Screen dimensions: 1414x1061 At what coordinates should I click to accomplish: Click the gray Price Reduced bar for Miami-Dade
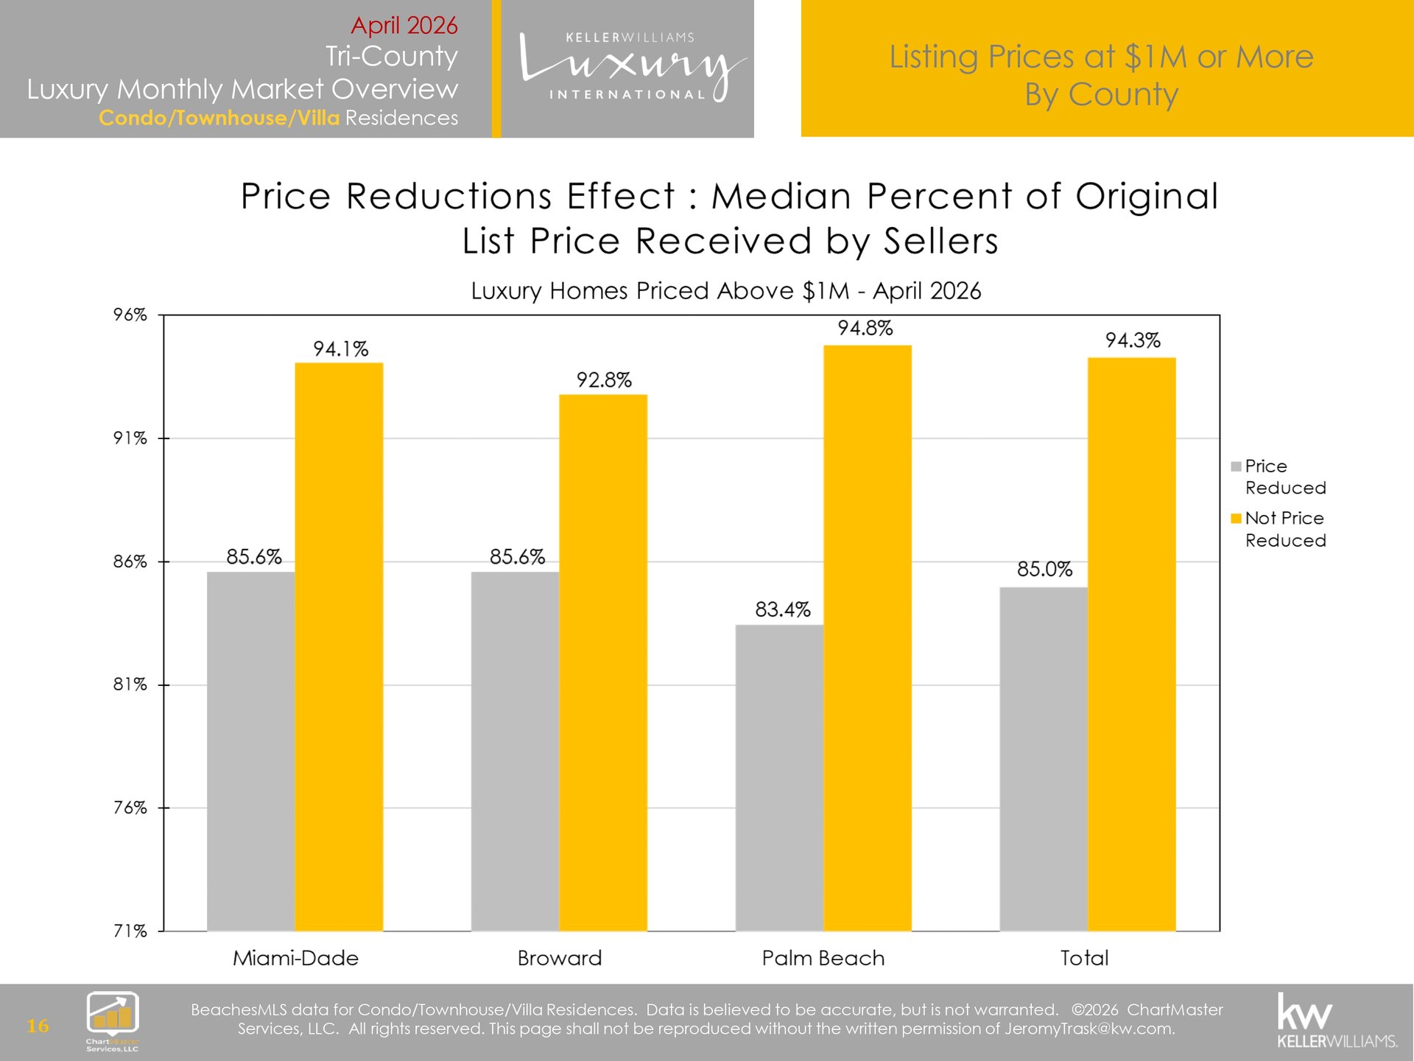251,752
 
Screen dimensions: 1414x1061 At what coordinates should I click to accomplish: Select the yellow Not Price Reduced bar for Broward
603,663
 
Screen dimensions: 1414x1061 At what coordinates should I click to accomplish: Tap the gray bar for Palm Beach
779,778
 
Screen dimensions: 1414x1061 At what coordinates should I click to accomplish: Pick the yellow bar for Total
1131,645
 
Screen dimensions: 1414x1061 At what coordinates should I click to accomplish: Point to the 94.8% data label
865,328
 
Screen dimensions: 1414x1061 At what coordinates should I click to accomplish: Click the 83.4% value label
783,609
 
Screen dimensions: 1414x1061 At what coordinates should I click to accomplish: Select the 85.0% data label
1045,569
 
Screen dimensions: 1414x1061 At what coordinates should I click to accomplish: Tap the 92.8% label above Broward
604,380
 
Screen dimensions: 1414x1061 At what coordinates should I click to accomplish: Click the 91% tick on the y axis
130,438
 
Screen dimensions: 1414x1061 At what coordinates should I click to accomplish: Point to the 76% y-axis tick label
130,808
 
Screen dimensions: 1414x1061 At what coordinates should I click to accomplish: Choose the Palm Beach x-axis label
823,958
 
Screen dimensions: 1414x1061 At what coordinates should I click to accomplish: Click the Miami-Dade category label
296,958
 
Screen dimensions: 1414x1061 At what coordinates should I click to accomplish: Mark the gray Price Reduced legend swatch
1236,466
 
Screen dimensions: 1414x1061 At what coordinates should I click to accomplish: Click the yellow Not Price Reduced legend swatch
1236,519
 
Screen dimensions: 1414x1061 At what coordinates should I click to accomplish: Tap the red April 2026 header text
404,26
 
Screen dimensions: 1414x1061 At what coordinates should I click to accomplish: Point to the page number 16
38,1026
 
